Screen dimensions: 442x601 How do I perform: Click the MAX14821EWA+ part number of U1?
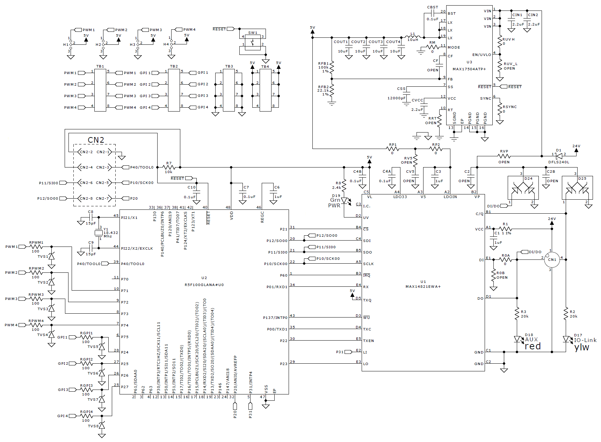(423, 286)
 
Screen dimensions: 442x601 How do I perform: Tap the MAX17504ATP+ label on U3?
(469, 69)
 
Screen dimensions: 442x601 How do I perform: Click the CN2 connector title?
(96, 140)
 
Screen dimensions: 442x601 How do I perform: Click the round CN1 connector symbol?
(552, 260)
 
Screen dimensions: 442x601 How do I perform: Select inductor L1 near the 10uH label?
(413, 36)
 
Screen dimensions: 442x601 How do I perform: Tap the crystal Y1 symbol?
(98, 233)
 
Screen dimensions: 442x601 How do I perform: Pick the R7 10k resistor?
(169, 167)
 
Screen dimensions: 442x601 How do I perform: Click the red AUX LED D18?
(517, 339)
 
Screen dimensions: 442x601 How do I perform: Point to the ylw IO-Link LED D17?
(566, 339)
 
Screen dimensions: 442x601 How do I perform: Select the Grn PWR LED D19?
(344, 201)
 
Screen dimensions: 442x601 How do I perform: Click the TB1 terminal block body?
(100, 90)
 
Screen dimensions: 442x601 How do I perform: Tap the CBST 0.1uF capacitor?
(433, 13)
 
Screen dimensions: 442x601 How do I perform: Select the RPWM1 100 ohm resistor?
(36, 247)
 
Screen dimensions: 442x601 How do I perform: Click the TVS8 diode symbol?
(102, 426)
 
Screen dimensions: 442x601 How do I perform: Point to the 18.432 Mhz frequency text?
(111, 234)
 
